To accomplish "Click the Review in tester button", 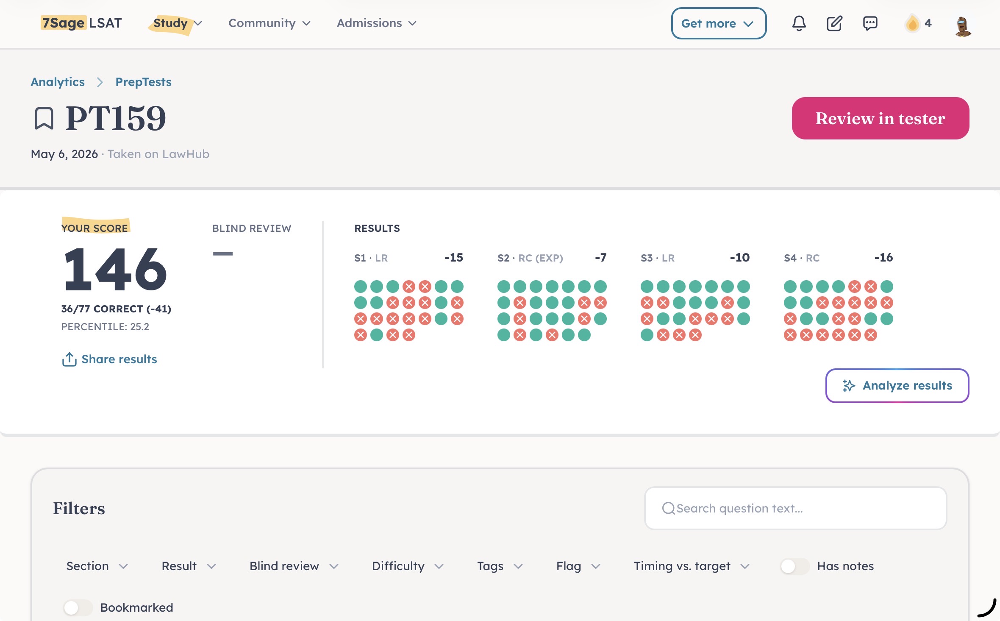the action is tap(880, 118).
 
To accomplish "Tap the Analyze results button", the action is tap(897, 386).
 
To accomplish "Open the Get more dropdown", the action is tap(719, 23).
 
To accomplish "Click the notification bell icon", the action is tap(799, 23).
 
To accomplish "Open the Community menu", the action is tap(269, 23).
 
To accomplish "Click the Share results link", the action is tap(109, 359).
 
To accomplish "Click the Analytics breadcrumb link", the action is tap(58, 82).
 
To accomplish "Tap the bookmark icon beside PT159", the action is tap(44, 118).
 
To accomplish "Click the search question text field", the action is tap(795, 508).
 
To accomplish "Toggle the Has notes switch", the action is tap(794, 566).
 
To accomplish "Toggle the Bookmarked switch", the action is tap(78, 608).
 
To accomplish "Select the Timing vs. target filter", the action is tap(692, 566).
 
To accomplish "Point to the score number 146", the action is tap(115, 269).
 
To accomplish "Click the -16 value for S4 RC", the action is tap(883, 258).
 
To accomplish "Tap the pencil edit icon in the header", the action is tap(834, 23).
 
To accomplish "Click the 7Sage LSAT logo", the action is tap(81, 23).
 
